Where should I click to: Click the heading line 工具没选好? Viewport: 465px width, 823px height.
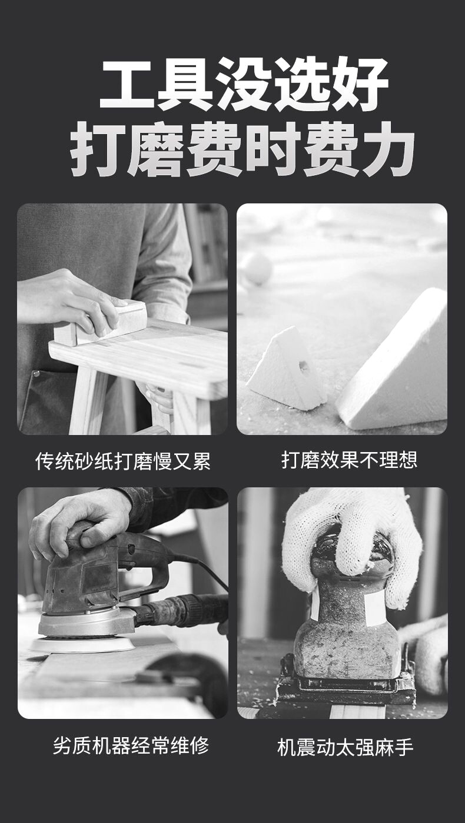point(244,83)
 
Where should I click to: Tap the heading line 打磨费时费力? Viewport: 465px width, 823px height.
point(243,149)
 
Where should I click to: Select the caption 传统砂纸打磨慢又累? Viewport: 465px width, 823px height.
point(123,461)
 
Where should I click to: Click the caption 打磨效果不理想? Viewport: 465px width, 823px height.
point(350,460)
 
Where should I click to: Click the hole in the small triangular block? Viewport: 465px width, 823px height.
point(303,366)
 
